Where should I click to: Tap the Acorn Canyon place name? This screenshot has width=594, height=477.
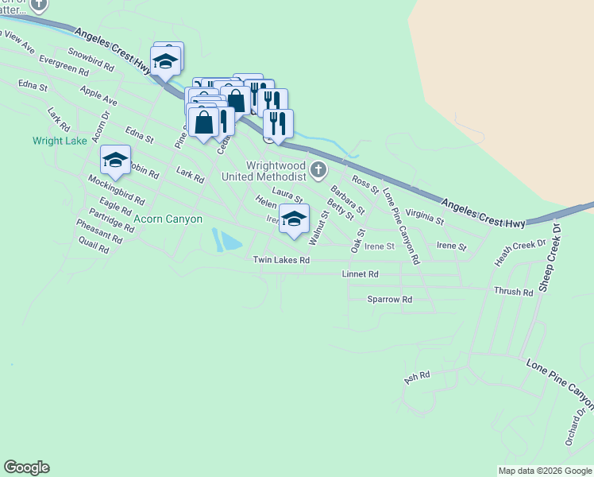pyautogui.click(x=168, y=219)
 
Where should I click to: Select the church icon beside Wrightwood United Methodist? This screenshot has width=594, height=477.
pyautogui.click(x=318, y=169)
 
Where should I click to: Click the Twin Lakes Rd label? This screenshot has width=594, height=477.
pyautogui.click(x=281, y=260)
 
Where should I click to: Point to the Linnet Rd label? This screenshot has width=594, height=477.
pyautogui.click(x=360, y=273)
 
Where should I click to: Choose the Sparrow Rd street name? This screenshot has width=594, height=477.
pyautogui.click(x=389, y=300)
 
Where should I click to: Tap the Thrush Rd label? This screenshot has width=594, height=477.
pyautogui.click(x=513, y=292)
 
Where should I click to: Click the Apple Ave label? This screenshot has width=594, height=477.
pyautogui.click(x=98, y=97)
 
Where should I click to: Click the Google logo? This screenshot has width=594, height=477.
pyautogui.click(x=26, y=467)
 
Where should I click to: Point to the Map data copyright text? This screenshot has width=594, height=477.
pyautogui.click(x=545, y=471)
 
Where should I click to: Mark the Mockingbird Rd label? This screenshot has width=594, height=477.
pyautogui.click(x=117, y=191)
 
